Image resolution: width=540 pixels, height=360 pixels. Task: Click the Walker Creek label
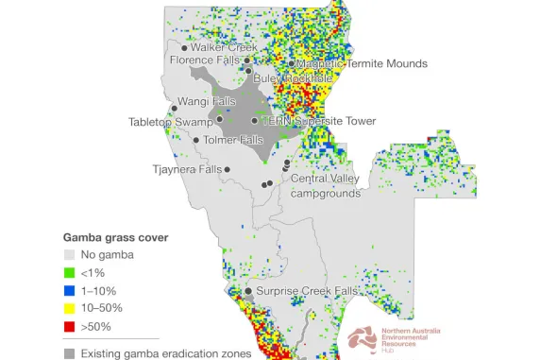(x=224, y=47)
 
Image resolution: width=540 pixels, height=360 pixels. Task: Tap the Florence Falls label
(x=204, y=60)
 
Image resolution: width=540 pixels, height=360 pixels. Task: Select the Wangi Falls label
(x=206, y=101)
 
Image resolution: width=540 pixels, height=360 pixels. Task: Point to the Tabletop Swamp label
(x=169, y=122)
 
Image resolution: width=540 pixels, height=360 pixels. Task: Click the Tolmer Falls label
(x=233, y=140)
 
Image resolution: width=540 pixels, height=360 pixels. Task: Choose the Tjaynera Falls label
(x=187, y=170)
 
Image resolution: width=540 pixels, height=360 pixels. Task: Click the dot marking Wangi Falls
(x=174, y=109)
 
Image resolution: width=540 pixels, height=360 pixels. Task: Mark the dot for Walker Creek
(x=184, y=46)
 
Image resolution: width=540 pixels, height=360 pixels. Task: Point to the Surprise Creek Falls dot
(x=248, y=292)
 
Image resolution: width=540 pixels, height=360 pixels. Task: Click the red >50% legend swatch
(x=69, y=326)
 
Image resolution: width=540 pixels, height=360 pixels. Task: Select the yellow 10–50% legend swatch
(x=69, y=308)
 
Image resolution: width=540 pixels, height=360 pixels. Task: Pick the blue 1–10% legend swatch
(x=69, y=290)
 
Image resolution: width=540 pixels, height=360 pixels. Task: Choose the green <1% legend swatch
(x=69, y=272)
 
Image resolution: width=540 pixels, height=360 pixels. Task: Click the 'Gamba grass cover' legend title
(x=115, y=237)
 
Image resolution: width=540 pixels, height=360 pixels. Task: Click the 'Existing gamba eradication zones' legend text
(x=165, y=353)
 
